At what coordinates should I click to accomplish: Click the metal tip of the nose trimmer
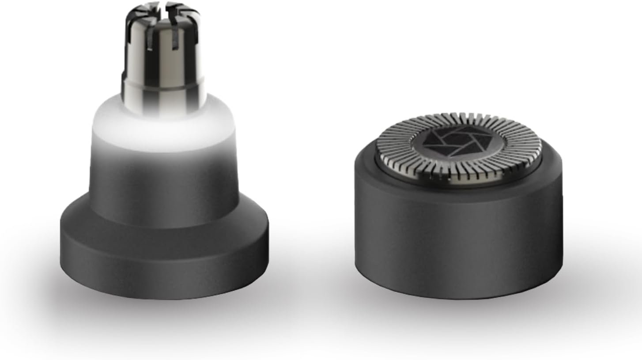coord(163,53)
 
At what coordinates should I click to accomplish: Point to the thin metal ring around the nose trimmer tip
coord(163,82)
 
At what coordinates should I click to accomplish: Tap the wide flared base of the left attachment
coord(164,256)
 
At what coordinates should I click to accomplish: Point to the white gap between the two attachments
coord(311,177)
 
